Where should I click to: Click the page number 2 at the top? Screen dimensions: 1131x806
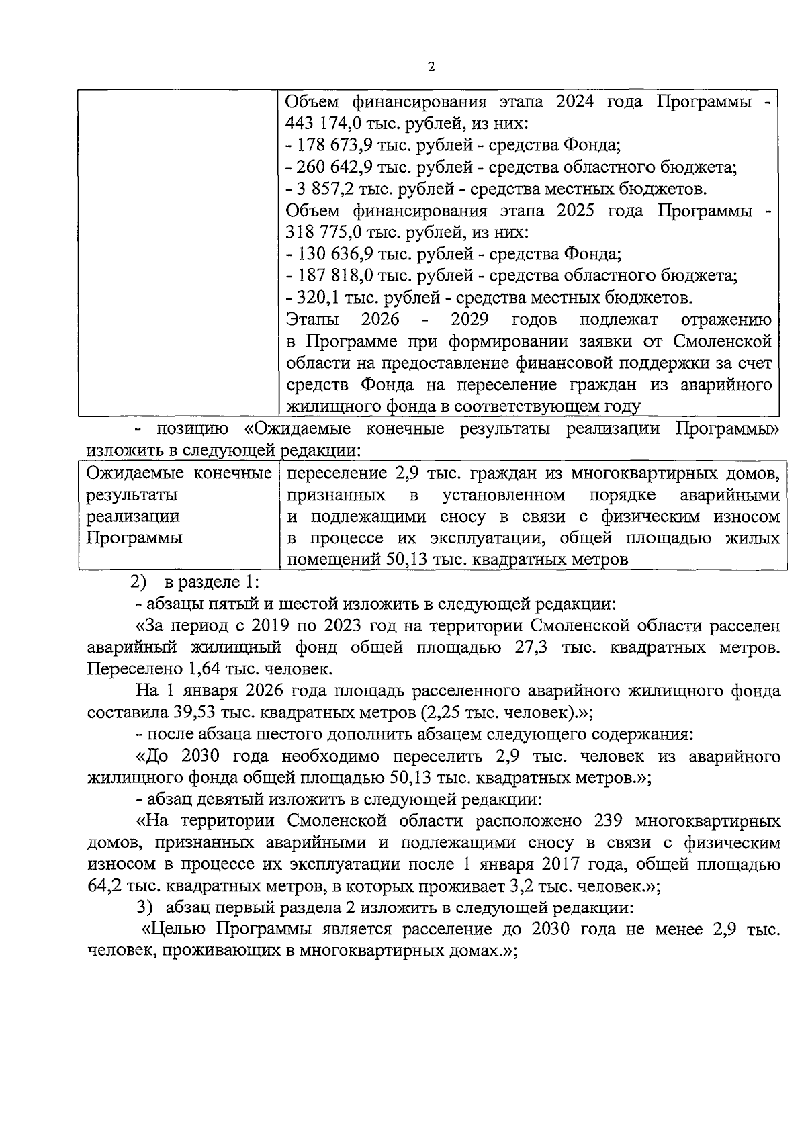(x=431, y=67)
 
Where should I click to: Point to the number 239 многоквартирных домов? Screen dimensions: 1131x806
(x=610, y=821)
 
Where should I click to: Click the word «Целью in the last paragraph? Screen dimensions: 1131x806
(x=175, y=930)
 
